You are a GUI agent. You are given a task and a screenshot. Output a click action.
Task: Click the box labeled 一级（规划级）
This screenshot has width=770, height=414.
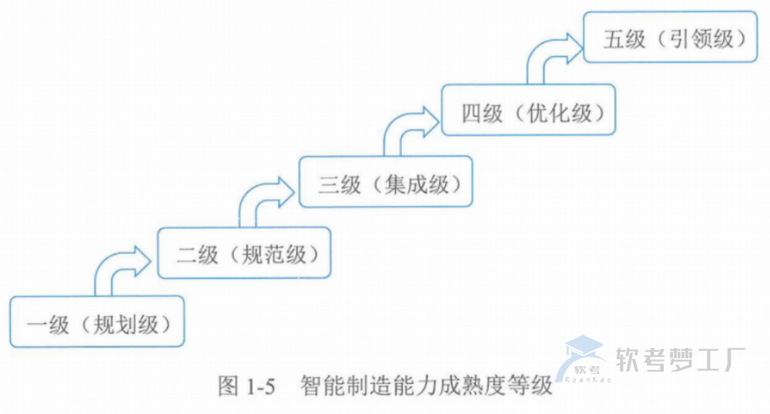click(x=97, y=322)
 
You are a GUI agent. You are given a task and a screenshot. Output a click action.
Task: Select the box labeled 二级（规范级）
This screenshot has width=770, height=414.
click(x=243, y=252)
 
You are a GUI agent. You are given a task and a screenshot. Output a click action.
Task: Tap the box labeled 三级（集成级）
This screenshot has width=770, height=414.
click(x=385, y=182)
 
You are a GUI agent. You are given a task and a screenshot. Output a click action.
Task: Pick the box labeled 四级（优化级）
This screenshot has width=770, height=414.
click(x=527, y=111)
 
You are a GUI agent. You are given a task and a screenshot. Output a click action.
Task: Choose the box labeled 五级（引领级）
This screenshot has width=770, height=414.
click(x=669, y=38)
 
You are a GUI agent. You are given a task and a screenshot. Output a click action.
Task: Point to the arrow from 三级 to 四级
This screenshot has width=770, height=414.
click(x=404, y=128)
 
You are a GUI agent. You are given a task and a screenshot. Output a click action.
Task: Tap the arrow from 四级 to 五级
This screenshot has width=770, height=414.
click(x=548, y=56)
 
